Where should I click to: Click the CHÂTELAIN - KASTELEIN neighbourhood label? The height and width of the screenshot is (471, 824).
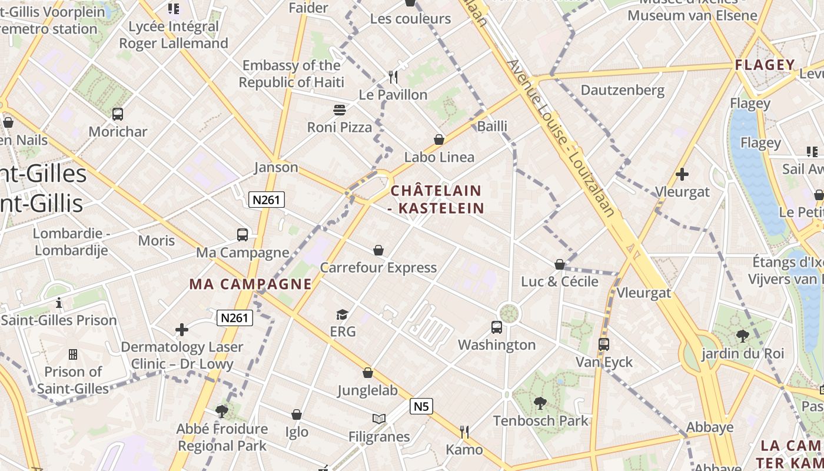tap(437, 199)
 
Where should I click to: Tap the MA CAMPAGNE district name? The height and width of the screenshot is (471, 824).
tap(250, 284)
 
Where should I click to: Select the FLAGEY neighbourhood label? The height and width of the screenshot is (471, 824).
tap(765, 65)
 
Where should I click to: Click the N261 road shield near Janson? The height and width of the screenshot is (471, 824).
tap(266, 200)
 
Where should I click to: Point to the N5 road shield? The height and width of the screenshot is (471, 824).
tap(421, 406)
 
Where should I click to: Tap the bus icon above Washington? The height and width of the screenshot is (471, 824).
tap(497, 327)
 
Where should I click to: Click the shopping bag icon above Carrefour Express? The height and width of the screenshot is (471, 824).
tap(378, 251)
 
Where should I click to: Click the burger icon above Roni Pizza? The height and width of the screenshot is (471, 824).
tap(340, 110)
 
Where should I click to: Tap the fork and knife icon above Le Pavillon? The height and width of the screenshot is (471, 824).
tap(393, 77)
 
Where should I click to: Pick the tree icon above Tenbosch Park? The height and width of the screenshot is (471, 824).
tap(540, 403)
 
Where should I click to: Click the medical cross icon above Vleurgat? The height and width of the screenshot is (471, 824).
tap(682, 174)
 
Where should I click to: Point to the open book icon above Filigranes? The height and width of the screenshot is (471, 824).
tap(379, 419)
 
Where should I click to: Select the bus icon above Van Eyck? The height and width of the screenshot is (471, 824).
tap(603, 344)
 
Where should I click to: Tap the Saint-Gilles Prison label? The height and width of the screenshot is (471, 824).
tap(59, 320)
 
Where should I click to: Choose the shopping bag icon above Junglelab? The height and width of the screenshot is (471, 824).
tap(368, 373)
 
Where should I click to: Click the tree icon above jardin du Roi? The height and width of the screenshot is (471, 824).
tap(743, 336)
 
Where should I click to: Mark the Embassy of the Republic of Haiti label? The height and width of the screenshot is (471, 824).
tap(291, 74)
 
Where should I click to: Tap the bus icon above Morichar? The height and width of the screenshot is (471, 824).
tap(118, 114)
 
